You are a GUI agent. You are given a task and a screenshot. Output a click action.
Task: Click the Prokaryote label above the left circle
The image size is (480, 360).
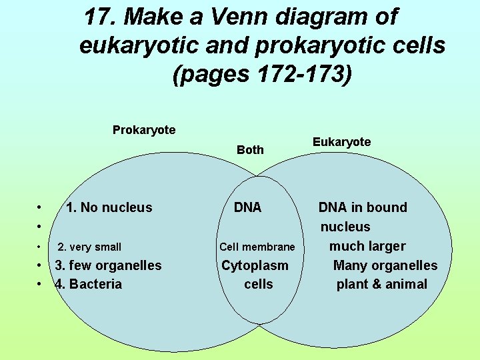tap(144, 130)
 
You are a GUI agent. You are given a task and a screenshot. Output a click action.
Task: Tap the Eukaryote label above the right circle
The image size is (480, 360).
tap(341, 142)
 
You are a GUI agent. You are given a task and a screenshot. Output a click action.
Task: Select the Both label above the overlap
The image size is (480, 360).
tap(250, 150)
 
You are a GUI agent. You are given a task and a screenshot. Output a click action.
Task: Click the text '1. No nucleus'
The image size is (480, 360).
tap(109, 208)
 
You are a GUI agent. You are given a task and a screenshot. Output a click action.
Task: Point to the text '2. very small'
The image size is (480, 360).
tap(89, 247)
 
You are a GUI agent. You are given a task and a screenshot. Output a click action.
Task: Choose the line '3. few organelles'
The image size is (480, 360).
tap(108, 265)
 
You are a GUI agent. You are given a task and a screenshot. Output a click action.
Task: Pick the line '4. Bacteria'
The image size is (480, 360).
tap(89, 284)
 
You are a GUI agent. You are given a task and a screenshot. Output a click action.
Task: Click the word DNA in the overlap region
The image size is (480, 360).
tap(247, 208)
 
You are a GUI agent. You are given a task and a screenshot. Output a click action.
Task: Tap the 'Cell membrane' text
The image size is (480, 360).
tap(257, 247)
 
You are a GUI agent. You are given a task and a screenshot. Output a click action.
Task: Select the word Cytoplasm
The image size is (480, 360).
tap(255, 265)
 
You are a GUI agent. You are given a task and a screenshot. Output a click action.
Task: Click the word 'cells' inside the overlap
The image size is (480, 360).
tap(258, 284)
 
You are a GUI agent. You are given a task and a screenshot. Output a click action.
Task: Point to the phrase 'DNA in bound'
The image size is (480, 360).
tap(362, 207)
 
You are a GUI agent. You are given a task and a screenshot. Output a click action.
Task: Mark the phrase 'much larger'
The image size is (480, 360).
tap(367, 246)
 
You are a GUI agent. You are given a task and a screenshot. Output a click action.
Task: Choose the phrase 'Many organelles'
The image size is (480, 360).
tap(385, 265)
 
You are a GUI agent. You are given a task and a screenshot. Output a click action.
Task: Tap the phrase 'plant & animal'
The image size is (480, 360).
tap(381, 284)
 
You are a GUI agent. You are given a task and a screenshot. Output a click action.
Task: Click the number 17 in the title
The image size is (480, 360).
tap(98, 16)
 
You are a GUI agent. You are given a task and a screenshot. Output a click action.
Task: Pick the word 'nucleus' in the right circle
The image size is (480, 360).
tap(345, 227)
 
